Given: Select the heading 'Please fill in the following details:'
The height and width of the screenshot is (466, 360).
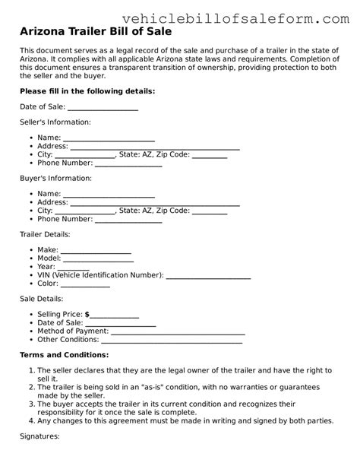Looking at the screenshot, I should (87, 91).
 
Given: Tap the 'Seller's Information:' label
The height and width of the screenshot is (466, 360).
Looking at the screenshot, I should (55, 122).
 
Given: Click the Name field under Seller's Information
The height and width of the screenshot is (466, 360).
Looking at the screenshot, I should (109, 138).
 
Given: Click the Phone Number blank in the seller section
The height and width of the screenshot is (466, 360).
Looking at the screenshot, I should (128, 163).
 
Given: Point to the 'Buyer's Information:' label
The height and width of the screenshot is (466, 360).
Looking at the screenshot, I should (55, 178).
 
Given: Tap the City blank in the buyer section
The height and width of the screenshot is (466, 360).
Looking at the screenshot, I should (86, 211).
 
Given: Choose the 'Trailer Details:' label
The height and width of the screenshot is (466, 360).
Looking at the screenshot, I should (45, 234).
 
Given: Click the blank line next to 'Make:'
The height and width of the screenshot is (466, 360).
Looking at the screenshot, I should (96, 250).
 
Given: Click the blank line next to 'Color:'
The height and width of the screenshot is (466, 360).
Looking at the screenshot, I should (85, 283).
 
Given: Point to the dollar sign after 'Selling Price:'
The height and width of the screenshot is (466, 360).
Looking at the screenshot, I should (87, 314).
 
